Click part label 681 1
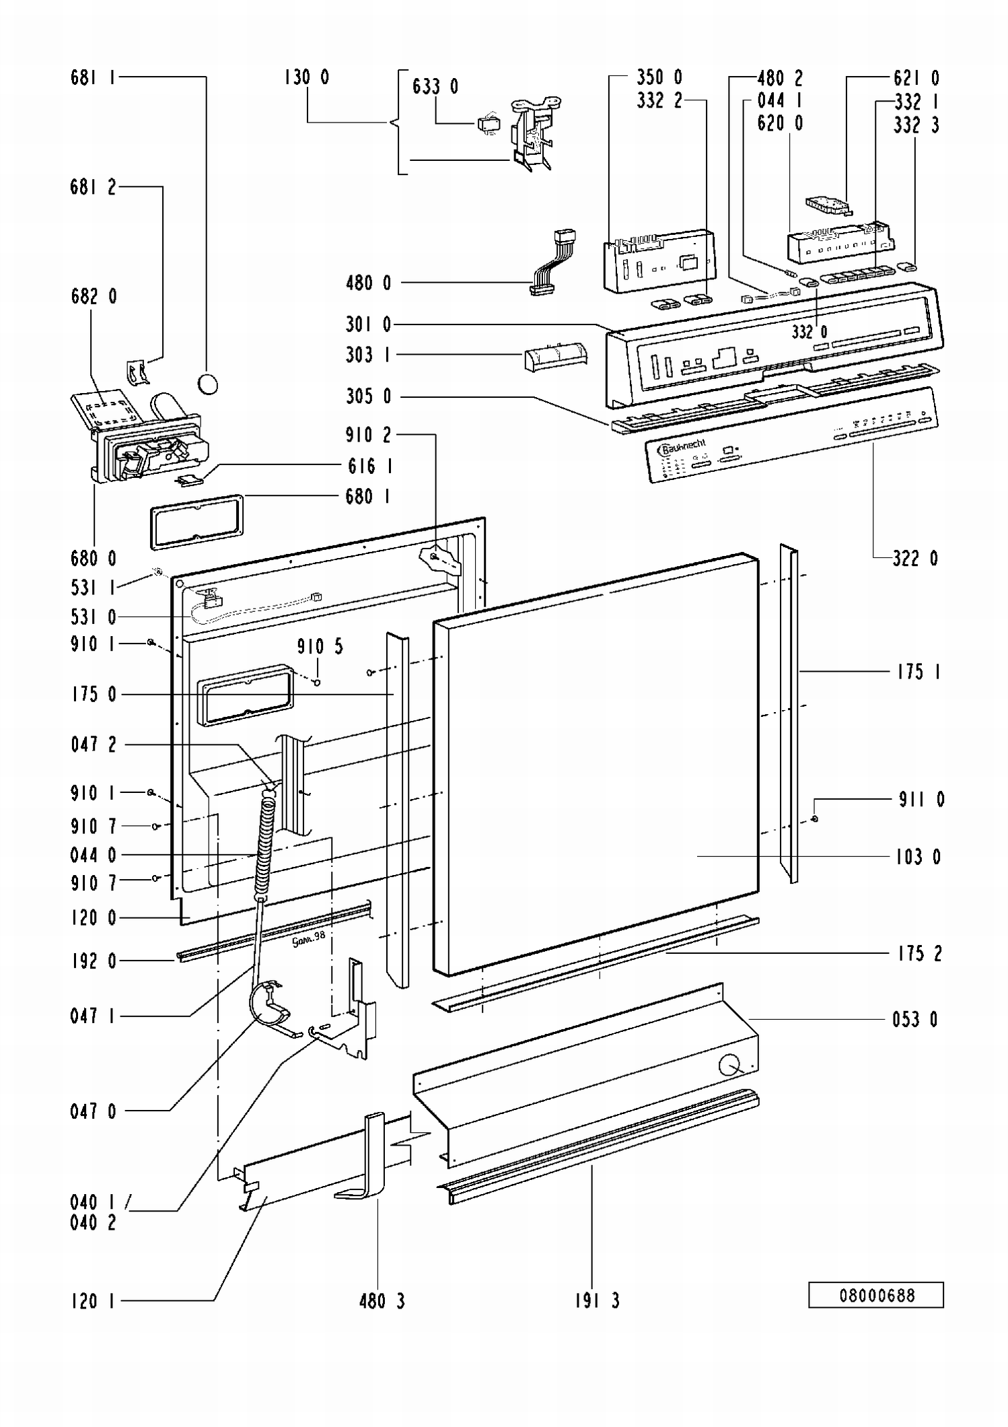tap(93, 77)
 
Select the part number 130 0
tap(306, 77)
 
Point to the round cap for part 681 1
tap(208, 384)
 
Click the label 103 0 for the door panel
tap(917, 856)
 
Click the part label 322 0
tap(914, 558)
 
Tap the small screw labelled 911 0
tap(815, 819)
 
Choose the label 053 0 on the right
tap(914, 1019)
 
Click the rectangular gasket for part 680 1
tap(196, 522)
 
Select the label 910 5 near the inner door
tap(320, 647)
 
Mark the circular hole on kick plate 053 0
tap(729, 1066)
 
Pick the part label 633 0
tap(435, 86)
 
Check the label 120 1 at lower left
tap(93, 1300)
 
